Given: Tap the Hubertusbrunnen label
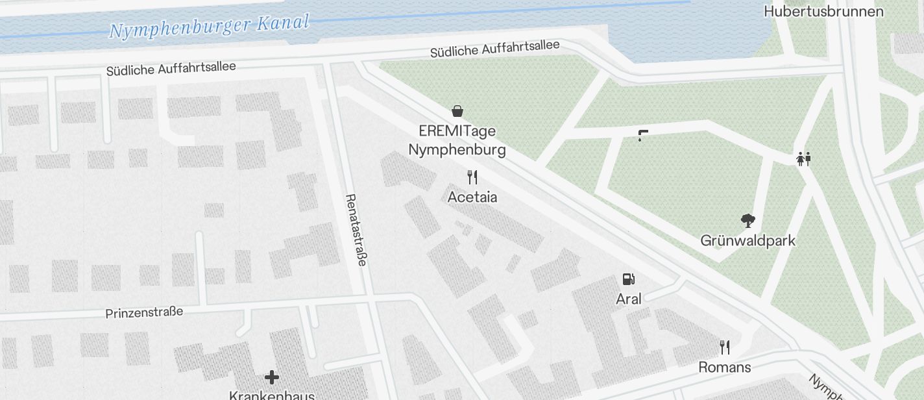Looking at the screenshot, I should [823, 12].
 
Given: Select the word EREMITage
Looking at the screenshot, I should [457, 131].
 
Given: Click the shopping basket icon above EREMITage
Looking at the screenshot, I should [457, 111].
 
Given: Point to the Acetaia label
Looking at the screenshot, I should [472, 197].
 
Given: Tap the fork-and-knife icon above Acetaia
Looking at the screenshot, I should [472, 177].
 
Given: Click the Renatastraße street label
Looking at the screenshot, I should [356, 229].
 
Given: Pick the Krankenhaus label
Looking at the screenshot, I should [271, 395].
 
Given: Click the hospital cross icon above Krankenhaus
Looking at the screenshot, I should [271, 377].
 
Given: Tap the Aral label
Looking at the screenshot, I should [628, 299].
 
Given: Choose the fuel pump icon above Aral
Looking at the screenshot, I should [628, 279].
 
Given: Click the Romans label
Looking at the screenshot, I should [724, 368].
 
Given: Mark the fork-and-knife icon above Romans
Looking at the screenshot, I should [724, 347].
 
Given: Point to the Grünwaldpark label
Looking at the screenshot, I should [748, 241].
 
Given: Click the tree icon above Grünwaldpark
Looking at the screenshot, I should [748, 221].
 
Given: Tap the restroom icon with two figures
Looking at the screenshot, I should [803, 159].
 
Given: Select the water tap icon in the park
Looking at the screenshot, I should [642, 135].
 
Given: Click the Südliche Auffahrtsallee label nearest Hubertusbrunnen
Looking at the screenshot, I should [494, 49].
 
